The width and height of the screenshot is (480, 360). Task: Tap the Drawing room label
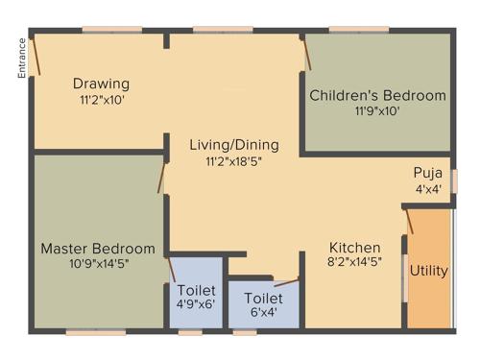(101, 84)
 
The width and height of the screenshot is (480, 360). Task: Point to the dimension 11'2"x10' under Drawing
(101, 99)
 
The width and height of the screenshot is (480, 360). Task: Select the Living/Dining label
(234, 145)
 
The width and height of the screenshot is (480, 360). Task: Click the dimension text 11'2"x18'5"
(234, 161)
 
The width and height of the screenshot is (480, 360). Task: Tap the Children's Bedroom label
(377, 95)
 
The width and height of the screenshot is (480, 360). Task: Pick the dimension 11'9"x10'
(377, 110)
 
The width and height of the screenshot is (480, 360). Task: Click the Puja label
(427, 173)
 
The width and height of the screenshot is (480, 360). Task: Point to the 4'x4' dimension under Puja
(427, 189)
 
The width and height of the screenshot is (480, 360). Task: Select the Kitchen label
(354, 247)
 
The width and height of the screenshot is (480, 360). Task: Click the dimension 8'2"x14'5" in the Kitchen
(354, 262)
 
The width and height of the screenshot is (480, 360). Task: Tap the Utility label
(428, 271)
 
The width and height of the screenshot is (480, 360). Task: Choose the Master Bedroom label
(97, 248)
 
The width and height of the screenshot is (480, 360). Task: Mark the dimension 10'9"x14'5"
(97, 263)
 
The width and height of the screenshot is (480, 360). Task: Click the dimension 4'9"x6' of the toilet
(196, 304)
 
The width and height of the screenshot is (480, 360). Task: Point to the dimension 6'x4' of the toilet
(262, 313)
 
